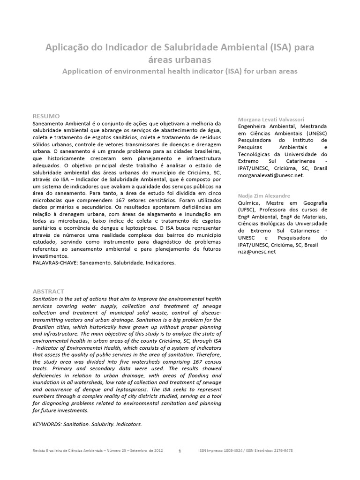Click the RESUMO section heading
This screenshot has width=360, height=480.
46,115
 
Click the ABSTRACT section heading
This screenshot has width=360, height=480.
48,291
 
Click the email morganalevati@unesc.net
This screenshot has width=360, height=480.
271,175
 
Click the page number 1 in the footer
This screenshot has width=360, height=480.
180,451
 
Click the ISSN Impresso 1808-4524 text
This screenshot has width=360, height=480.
225,451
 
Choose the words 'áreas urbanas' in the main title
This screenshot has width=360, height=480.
180,60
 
